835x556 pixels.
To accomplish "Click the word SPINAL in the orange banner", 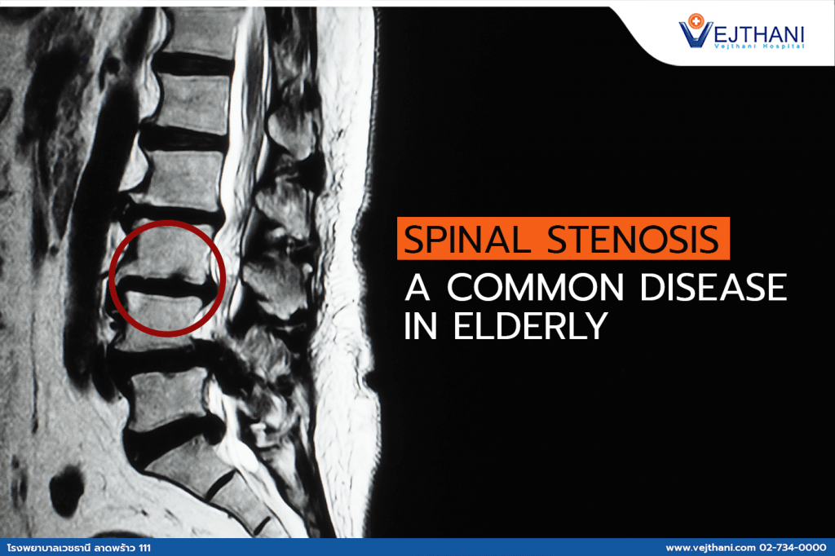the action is (467, 240).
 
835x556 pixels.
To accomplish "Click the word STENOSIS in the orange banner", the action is (633, 240).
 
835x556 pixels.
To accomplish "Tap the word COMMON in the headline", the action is (535, 288).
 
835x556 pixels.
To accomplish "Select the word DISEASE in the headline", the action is (713, 288).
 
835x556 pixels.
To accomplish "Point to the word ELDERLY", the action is (530, 326).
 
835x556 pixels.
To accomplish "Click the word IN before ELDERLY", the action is (421, 326).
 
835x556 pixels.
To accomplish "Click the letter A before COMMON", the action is (417, 288).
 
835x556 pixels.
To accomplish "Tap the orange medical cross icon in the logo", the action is (696, 20).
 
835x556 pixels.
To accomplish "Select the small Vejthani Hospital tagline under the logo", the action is (759, 46).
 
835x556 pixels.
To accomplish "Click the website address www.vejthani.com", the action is (710, 548).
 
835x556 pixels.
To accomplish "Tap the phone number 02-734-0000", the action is (793, 548).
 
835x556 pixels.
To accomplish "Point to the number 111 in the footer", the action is (144, 548).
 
